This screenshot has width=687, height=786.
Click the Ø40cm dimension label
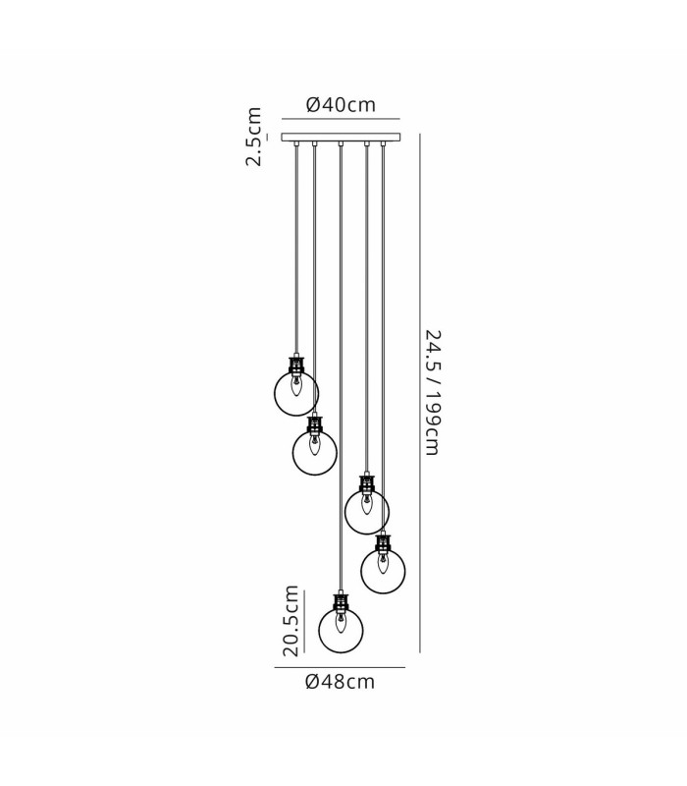[341, 105]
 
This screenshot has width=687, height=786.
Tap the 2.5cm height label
[253, 137]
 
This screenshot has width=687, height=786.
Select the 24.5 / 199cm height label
[432, 392]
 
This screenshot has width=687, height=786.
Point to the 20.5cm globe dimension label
[291, 621]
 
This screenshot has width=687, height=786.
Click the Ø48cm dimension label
[340, 682]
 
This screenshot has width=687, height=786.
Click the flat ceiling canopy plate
[341, 138]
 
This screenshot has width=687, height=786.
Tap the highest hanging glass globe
[296, 394]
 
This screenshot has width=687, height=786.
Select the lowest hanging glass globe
[341, 630]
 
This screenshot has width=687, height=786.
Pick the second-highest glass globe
[315, 452]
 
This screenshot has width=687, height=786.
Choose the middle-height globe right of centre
[367, 512]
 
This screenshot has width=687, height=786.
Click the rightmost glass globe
[383, 572]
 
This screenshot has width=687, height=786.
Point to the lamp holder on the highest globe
[296, 365]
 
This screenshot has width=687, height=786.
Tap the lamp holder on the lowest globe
[341, 603]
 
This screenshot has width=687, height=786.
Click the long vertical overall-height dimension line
[420, 393]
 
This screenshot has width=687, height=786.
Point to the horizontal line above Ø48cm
[340, 668]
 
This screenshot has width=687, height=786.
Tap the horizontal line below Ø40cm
[341, 119]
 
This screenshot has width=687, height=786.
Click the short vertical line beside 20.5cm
[304, 622]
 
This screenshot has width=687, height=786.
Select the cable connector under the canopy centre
[341, 144]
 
